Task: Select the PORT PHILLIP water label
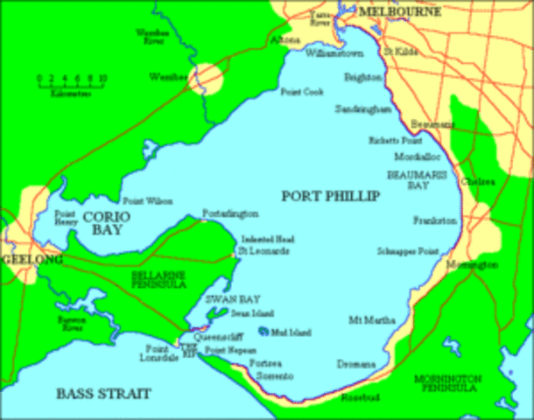(x=331, y=195)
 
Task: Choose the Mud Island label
(x=291, y=332)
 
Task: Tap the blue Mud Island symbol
(x=263, y=332)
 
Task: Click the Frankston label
(x=437, y=221)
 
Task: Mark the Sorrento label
(x=276, y=374)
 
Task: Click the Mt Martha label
(x=367, y=319)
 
